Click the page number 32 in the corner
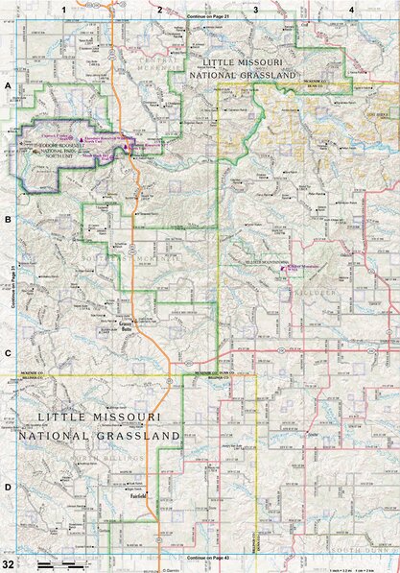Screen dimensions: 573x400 click(8, 562)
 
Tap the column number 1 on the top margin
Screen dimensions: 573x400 click(63, 9)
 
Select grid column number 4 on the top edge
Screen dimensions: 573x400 click(352, 9)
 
